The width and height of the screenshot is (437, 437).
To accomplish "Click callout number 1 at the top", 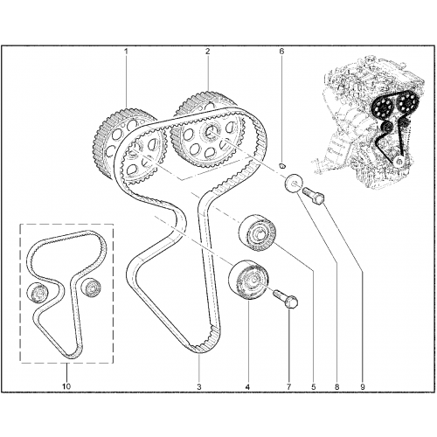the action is coord(126,52).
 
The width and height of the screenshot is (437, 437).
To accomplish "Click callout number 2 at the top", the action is coord(207,52).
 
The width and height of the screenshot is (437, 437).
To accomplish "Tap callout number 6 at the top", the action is coord(281,52).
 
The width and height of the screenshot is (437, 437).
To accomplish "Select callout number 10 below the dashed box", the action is coord(66,386).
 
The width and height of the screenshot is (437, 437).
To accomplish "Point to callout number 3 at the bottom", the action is coord(199,387).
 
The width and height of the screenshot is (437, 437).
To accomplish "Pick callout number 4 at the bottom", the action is coord(247,387).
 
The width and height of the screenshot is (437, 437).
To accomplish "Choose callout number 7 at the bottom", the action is coord(288,387).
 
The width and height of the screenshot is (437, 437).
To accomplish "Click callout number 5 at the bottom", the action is coord(314,387).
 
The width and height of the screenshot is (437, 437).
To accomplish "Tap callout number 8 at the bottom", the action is coord(337,387).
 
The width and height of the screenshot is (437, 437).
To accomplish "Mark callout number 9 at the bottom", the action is coord(363,387).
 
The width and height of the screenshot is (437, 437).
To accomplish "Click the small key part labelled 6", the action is coord(281,166).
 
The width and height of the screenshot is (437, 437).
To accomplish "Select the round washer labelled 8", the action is coord(294,184).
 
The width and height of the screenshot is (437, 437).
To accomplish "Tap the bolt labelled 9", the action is coord(314,196).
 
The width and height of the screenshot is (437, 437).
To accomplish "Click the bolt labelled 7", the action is coord(286,299).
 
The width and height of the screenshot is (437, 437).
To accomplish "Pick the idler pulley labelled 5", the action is coord(257,232).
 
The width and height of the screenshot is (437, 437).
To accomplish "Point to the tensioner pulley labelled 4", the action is coord(248,281).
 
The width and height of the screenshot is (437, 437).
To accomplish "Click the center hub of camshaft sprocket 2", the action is coord(210,131).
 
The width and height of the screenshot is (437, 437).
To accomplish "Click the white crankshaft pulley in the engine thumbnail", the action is coord(399,161).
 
